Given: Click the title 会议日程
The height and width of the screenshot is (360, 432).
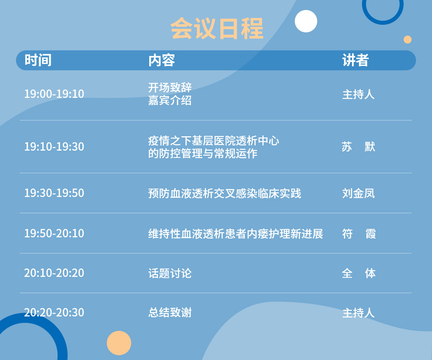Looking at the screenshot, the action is pos(217,28).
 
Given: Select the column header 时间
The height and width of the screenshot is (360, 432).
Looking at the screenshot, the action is pos(38,60).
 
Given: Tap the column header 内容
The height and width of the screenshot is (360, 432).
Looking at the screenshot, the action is pos(162,60).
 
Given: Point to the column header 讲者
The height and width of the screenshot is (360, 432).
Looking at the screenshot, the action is pos(356,60).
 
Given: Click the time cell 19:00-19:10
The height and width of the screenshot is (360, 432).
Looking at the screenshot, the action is pos(54,94).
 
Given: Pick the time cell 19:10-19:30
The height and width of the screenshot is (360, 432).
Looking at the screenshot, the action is pos(54,147).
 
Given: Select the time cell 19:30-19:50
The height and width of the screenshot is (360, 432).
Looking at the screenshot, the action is pos(54,193).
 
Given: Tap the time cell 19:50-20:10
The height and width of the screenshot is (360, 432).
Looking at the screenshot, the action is pos(54,233).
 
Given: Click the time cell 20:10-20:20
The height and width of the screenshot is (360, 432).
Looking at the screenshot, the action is pos(54,273).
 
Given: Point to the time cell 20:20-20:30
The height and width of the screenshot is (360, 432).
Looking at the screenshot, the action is pos(54,313).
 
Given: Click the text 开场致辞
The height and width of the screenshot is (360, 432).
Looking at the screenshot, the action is pos(170,88).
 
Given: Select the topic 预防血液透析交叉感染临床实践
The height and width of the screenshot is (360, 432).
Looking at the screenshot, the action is pos(224,193).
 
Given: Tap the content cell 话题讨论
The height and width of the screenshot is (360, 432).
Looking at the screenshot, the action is pos(170,273).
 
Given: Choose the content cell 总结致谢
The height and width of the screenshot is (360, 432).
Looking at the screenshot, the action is pos(170,313).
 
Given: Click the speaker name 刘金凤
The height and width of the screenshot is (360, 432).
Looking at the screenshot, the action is pos(358,193).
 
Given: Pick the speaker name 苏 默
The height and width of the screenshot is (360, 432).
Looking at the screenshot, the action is pos(358,147).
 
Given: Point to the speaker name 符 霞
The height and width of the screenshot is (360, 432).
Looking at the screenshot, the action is pos(359,234).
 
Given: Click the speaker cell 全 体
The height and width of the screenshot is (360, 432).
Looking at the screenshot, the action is pos(359,273).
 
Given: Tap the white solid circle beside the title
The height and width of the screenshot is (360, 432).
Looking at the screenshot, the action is pos(306,21).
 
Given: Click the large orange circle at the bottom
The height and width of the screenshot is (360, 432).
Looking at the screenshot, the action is pos(119,343).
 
